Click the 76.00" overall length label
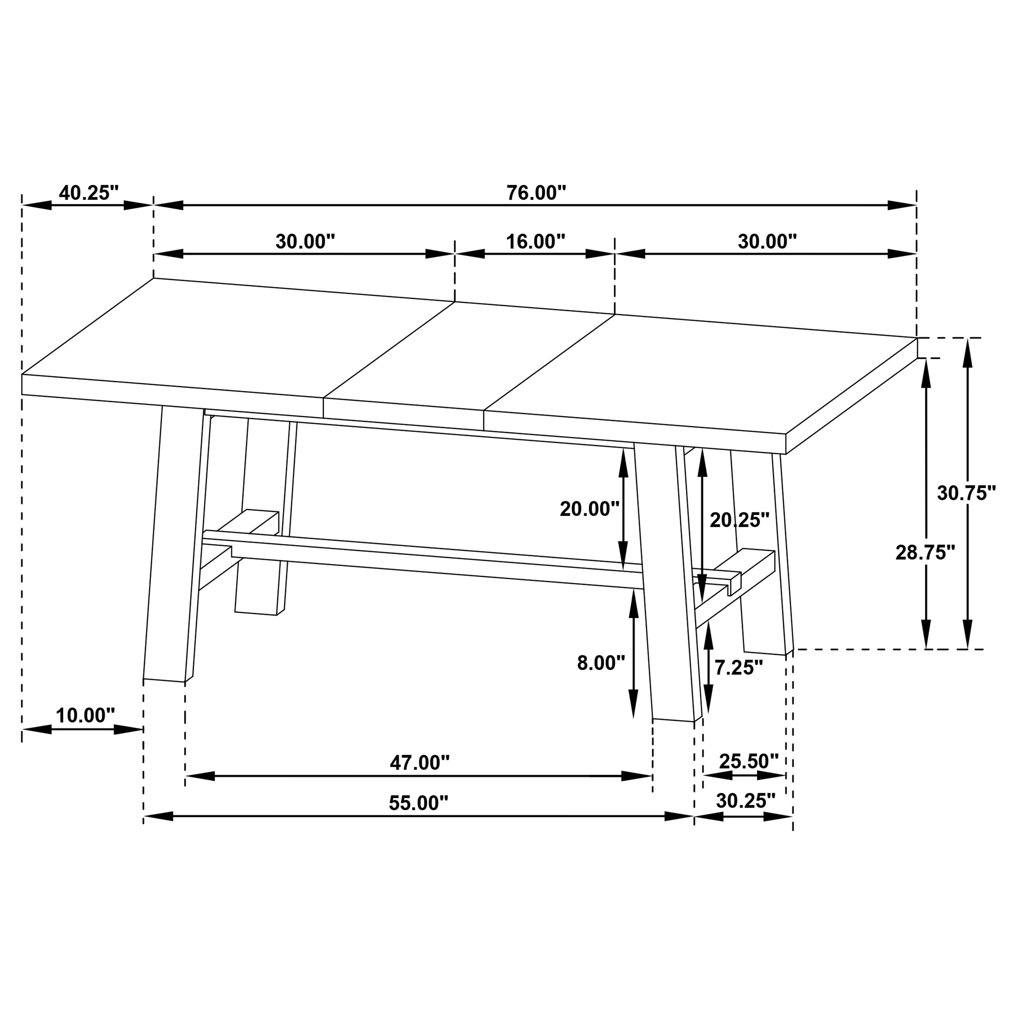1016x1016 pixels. [x=536, y=193]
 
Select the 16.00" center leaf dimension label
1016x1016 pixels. [x=535, y=242]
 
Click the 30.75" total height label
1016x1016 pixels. [x=966, y=493]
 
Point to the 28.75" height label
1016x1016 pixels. [x=925, y=553]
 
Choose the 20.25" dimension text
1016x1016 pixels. [x=739, y=521]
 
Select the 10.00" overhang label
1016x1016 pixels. [x=85, y=716]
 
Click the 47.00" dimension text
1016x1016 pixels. [x=420, y=762]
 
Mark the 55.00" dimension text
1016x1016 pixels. [x=419, y=803]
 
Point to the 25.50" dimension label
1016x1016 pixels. [x=749, y=761]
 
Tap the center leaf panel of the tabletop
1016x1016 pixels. [x=468, y=358]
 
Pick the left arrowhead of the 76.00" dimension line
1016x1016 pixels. [x=168, y=206]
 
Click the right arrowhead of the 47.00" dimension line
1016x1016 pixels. [x=637, y=776]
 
